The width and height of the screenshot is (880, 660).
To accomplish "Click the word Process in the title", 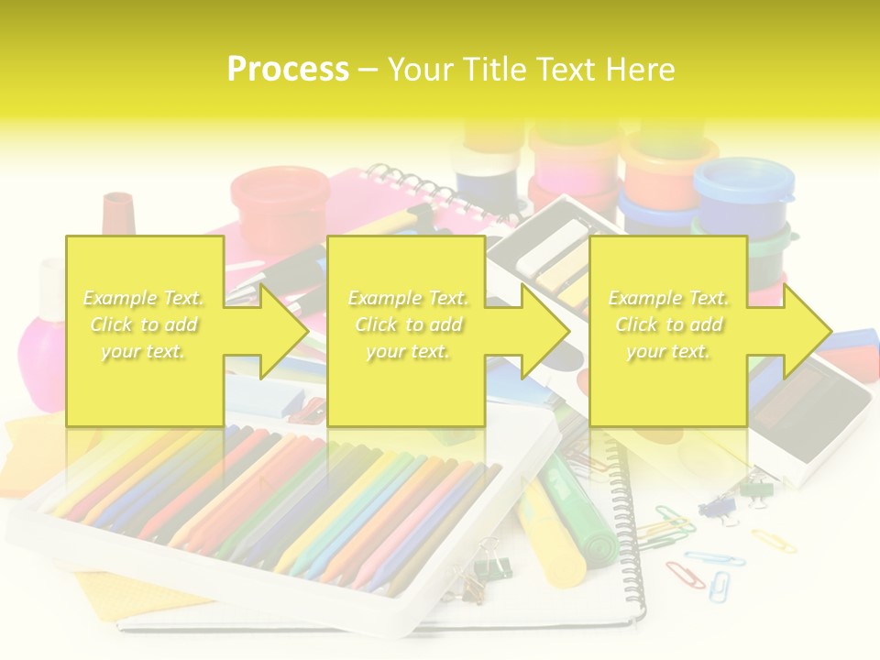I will click(288, 70).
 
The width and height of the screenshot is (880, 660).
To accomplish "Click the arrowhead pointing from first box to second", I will click(283, 331).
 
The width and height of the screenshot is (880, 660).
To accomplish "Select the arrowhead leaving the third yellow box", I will click(807, 331).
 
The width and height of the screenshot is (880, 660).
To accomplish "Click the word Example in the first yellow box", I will click(120, 298).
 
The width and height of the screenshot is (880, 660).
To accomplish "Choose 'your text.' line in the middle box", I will click(408, 351).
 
